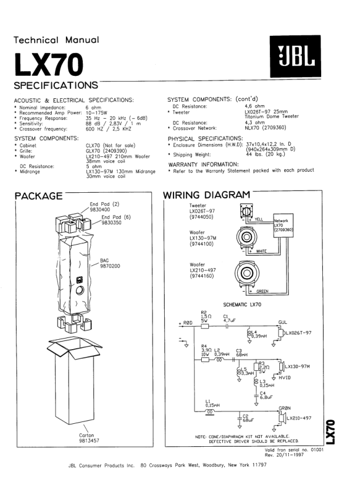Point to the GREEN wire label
(262, 291)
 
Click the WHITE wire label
(261, 252)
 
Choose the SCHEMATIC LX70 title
(244, 305)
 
